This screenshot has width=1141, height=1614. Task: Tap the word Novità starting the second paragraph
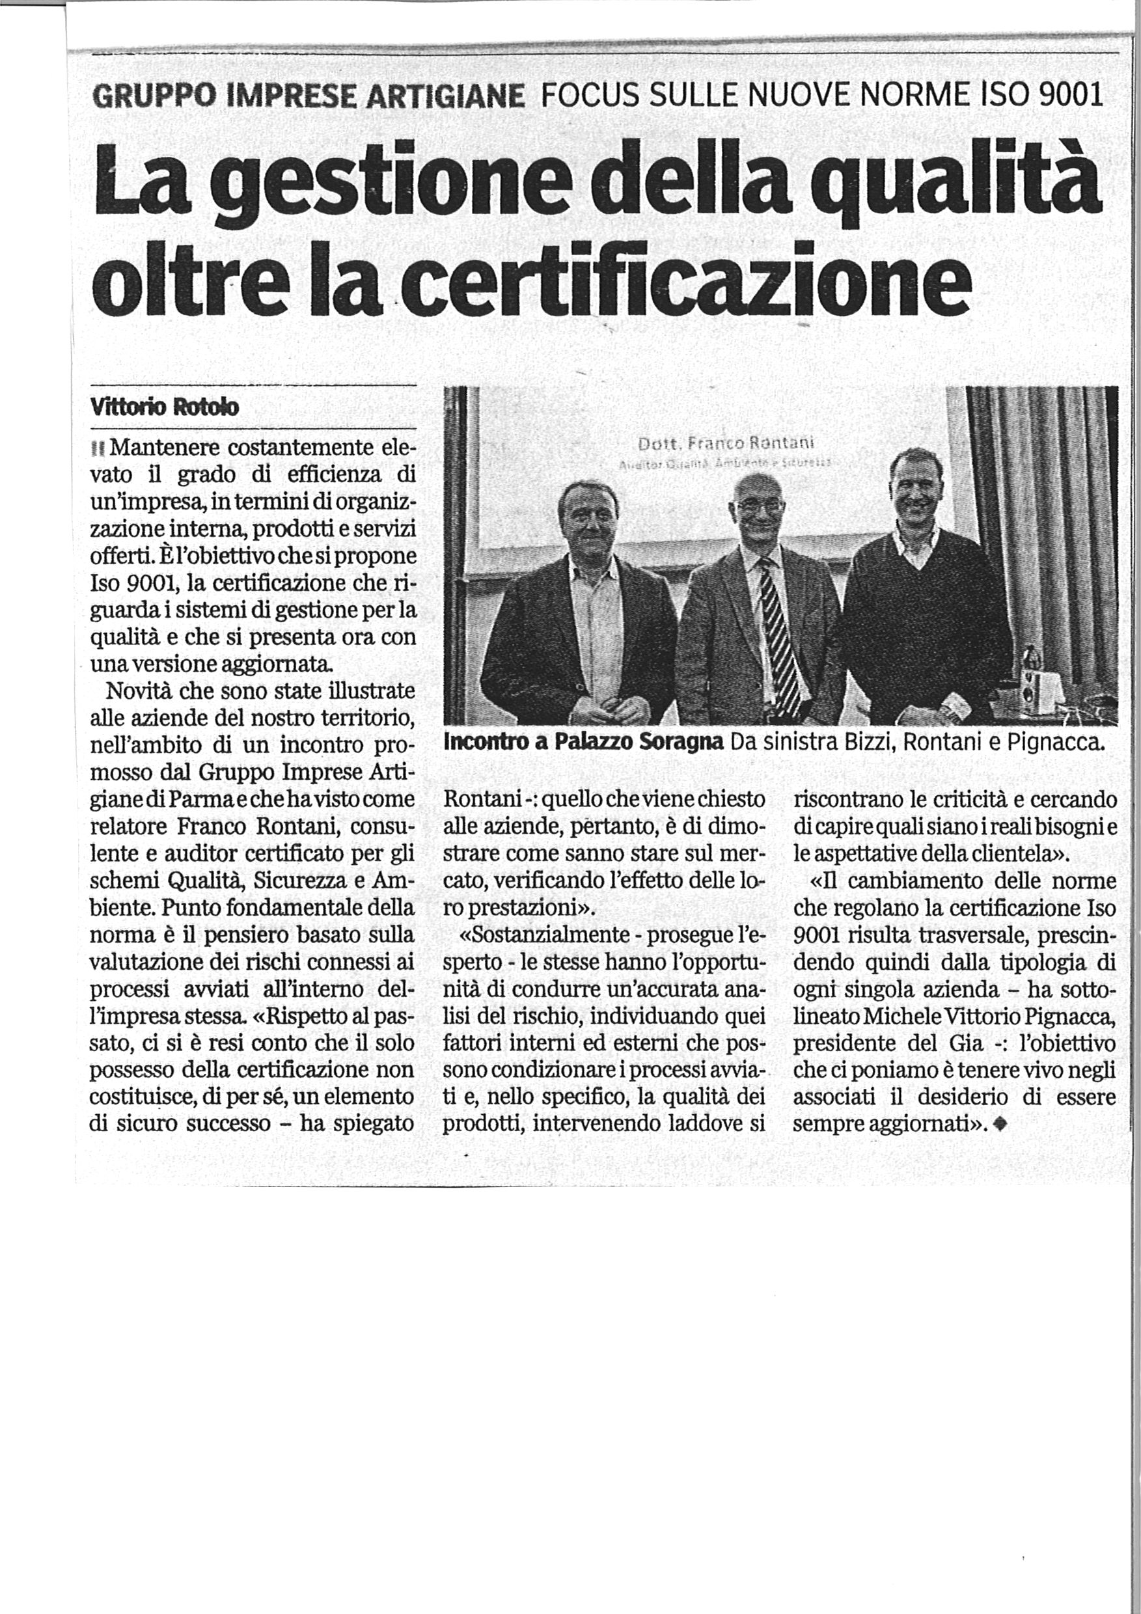(x=141, y=691)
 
